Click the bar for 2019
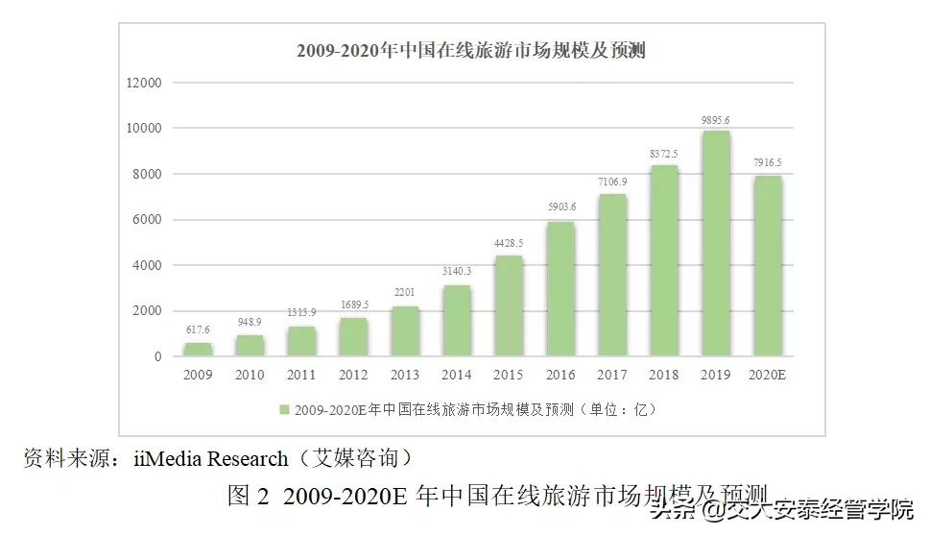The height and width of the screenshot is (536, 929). pos(716,244)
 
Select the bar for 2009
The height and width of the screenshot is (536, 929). pos(199,350)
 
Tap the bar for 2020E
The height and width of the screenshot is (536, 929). pos(767,266)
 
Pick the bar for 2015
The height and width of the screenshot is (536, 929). pos(509,305)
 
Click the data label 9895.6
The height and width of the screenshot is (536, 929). pos(716,120)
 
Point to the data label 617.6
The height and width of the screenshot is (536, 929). pos(199,331)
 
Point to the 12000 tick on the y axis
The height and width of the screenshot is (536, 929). pos(143,83)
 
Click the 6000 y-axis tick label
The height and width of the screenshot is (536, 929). pos(146,220)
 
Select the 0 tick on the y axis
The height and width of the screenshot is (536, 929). pos(157,357)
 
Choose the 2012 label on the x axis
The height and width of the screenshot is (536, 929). pos(353,376)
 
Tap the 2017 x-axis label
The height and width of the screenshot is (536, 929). pos(612,376)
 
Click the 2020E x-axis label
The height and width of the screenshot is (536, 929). pos(767,376)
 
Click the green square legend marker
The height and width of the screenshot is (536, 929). pos(285,410)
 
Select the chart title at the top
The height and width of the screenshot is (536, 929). pos(470,51)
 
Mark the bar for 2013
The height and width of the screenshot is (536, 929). pos(405,331)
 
